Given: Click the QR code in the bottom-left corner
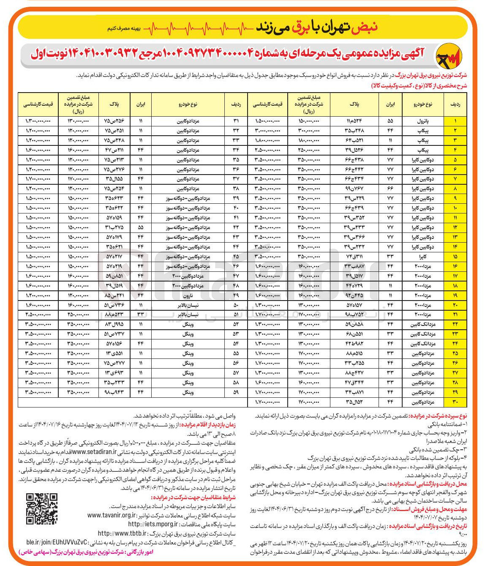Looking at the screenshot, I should [x=42, y=509].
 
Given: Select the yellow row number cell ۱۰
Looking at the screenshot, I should [x=455, y=208].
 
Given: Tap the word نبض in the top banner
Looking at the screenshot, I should [x=367, y=27].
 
